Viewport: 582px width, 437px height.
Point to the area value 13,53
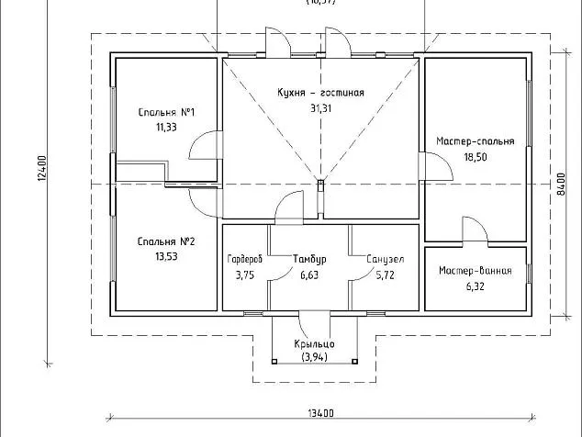(x=166, y=257)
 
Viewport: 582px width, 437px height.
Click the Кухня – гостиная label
(x=320, y=93)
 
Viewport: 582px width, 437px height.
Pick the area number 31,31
(x=320, y=108)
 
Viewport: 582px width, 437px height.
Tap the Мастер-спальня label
(x=476, y=141)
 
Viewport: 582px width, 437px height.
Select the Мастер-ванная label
(x=475, y=271)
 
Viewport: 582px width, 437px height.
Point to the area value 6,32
(x=475, y=286)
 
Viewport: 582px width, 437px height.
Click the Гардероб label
(x=245, y=260)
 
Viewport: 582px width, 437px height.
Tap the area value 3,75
(x=244, y=275)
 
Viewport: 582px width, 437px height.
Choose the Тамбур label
(x=308, y=260)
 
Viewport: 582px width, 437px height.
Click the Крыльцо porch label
(x=315, y=343)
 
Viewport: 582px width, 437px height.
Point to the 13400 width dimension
(x=321, y=411)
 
